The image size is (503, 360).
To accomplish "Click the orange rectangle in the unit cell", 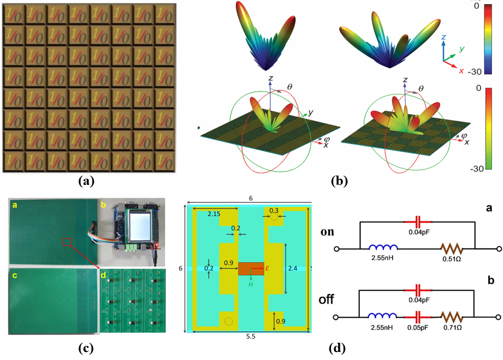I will click(250, 269).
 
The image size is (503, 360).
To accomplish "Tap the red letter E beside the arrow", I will click(267, 269).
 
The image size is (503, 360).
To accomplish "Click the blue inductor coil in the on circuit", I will click(384, 247).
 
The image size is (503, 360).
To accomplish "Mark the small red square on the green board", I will click(66, 241).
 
